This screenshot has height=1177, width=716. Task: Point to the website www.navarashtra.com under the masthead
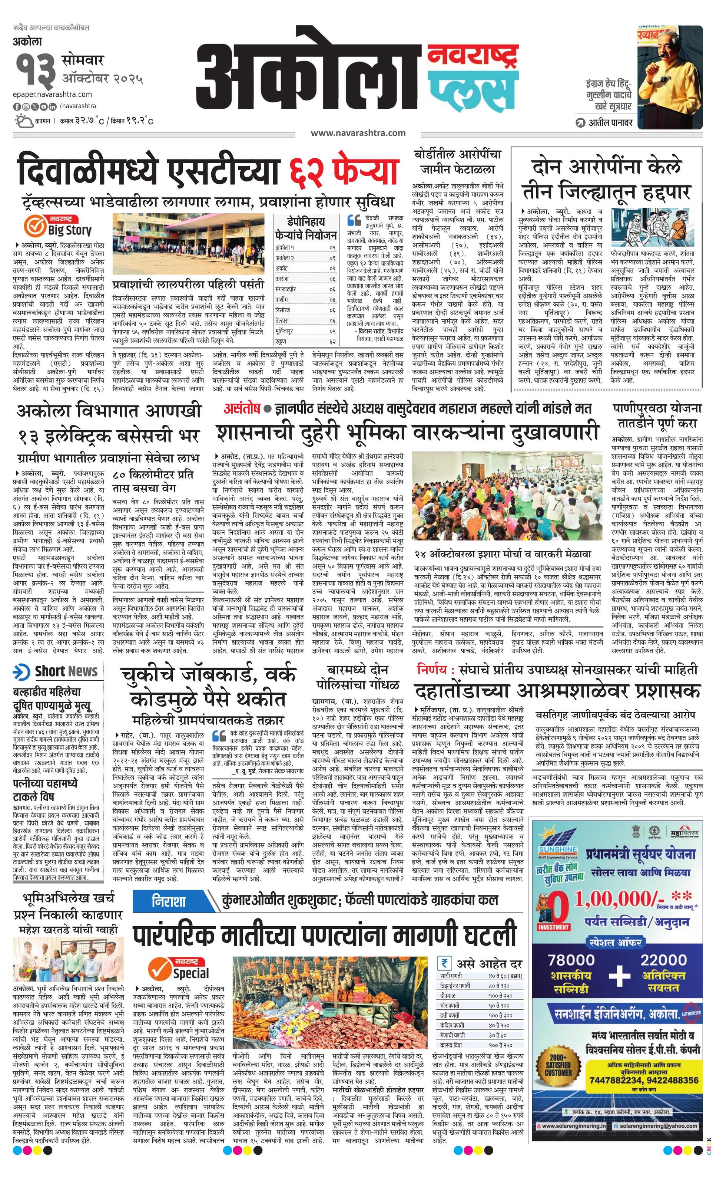(358, 133)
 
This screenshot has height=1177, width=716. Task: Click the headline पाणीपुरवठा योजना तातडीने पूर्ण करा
(658, 415)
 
